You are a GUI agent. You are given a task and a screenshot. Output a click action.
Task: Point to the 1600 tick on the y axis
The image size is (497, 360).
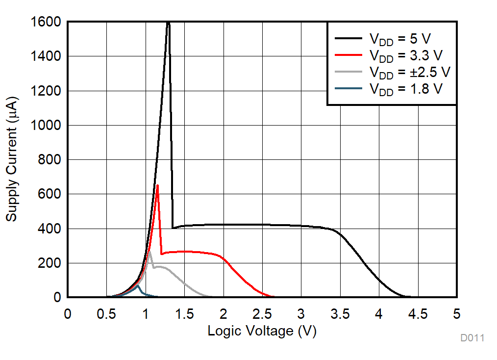[x=46, y=22]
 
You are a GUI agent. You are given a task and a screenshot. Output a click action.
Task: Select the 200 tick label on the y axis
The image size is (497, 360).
[x=50, y=263]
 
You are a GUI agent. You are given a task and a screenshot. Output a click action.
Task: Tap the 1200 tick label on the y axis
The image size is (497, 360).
[x=46, y=91]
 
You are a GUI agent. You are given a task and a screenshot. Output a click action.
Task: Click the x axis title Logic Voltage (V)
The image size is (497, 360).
[x=262, y=331]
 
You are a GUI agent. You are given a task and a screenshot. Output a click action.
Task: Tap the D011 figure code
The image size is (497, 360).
[x=472, y=338]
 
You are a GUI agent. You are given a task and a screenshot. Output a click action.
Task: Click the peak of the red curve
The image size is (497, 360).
[x=157, y=185]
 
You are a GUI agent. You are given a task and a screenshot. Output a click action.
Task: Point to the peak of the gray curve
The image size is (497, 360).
[x=149, y=252]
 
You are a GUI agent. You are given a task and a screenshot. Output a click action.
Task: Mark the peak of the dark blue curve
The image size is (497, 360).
[x=138, y=285]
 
